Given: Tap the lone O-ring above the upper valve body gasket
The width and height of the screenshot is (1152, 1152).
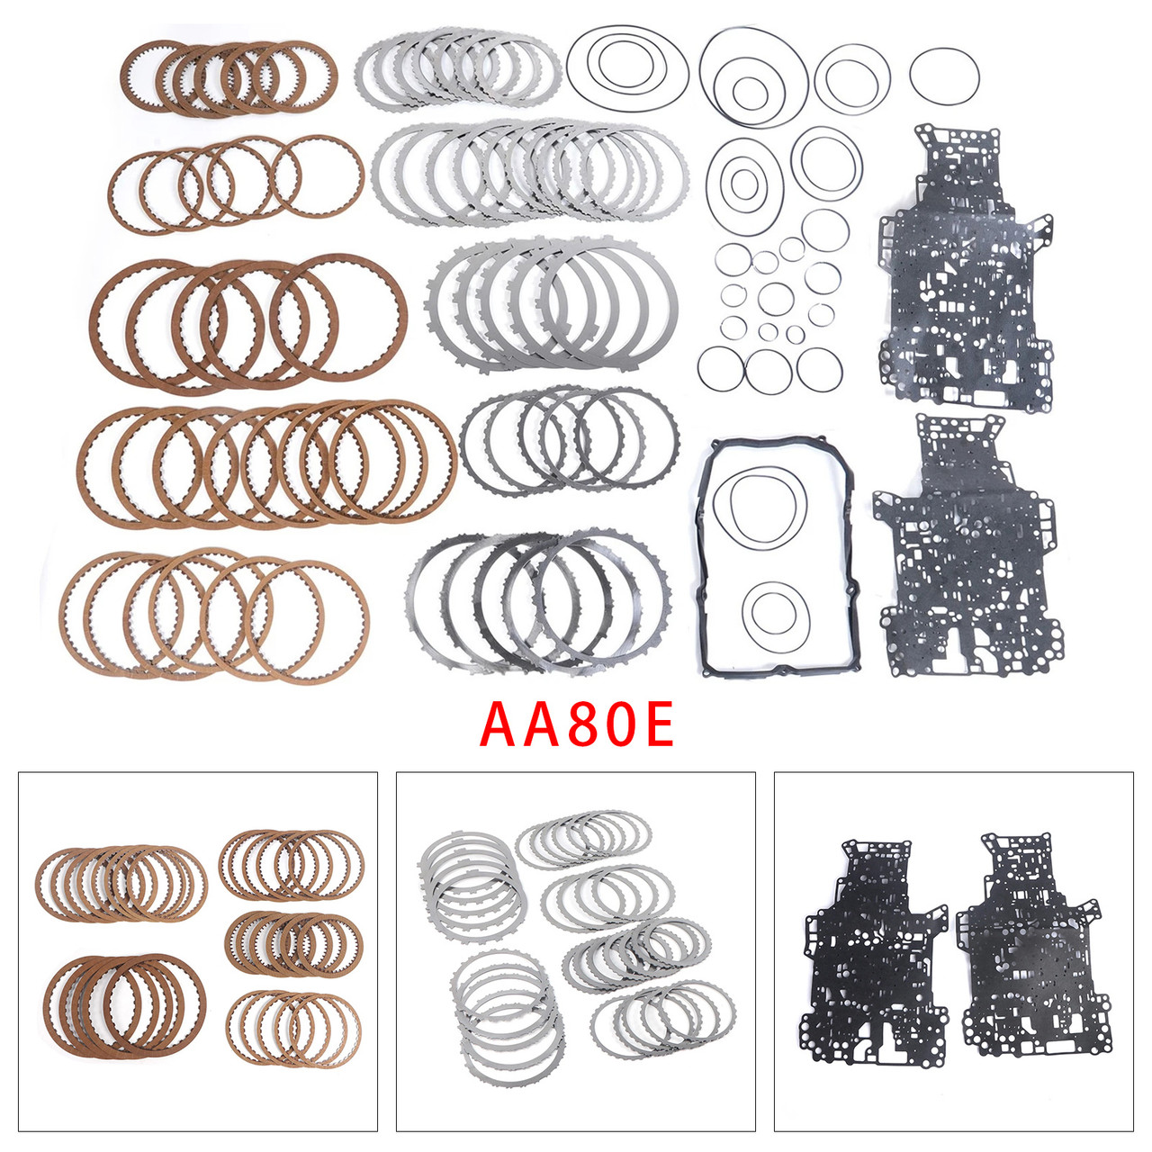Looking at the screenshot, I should click(x=944, y=76).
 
